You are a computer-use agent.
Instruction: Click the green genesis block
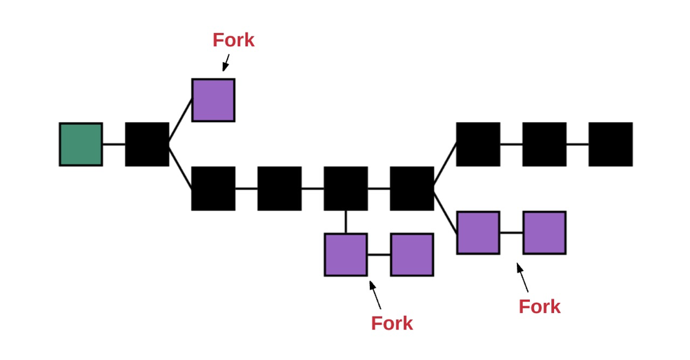(81, 144)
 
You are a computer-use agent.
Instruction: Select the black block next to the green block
(147, 144)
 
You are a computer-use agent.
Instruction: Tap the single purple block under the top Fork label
(213, 100)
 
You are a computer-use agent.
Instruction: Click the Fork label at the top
(233, 40)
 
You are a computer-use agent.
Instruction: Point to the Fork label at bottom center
(392, 323)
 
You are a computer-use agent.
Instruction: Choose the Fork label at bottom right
(540, 306)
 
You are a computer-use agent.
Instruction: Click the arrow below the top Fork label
(226, 63)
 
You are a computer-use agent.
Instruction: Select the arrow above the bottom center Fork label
(375, 294)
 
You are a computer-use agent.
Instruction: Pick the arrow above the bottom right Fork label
(522, 277)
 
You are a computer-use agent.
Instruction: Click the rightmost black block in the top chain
(611, 144)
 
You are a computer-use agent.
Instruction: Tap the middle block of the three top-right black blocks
(544, 144)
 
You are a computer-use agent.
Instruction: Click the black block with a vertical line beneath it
(346, 188)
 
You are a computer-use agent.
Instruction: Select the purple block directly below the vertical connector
(346, 254)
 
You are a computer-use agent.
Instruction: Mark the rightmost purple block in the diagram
(544, 232)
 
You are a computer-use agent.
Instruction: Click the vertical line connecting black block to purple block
(346, 221)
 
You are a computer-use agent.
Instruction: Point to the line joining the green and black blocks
(114, 144)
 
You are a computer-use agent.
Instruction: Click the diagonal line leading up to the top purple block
(180, 122)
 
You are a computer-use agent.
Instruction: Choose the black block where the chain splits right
(412, 188)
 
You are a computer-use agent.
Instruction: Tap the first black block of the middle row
(213, 188)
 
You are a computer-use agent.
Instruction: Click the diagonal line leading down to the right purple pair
(445, 211)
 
